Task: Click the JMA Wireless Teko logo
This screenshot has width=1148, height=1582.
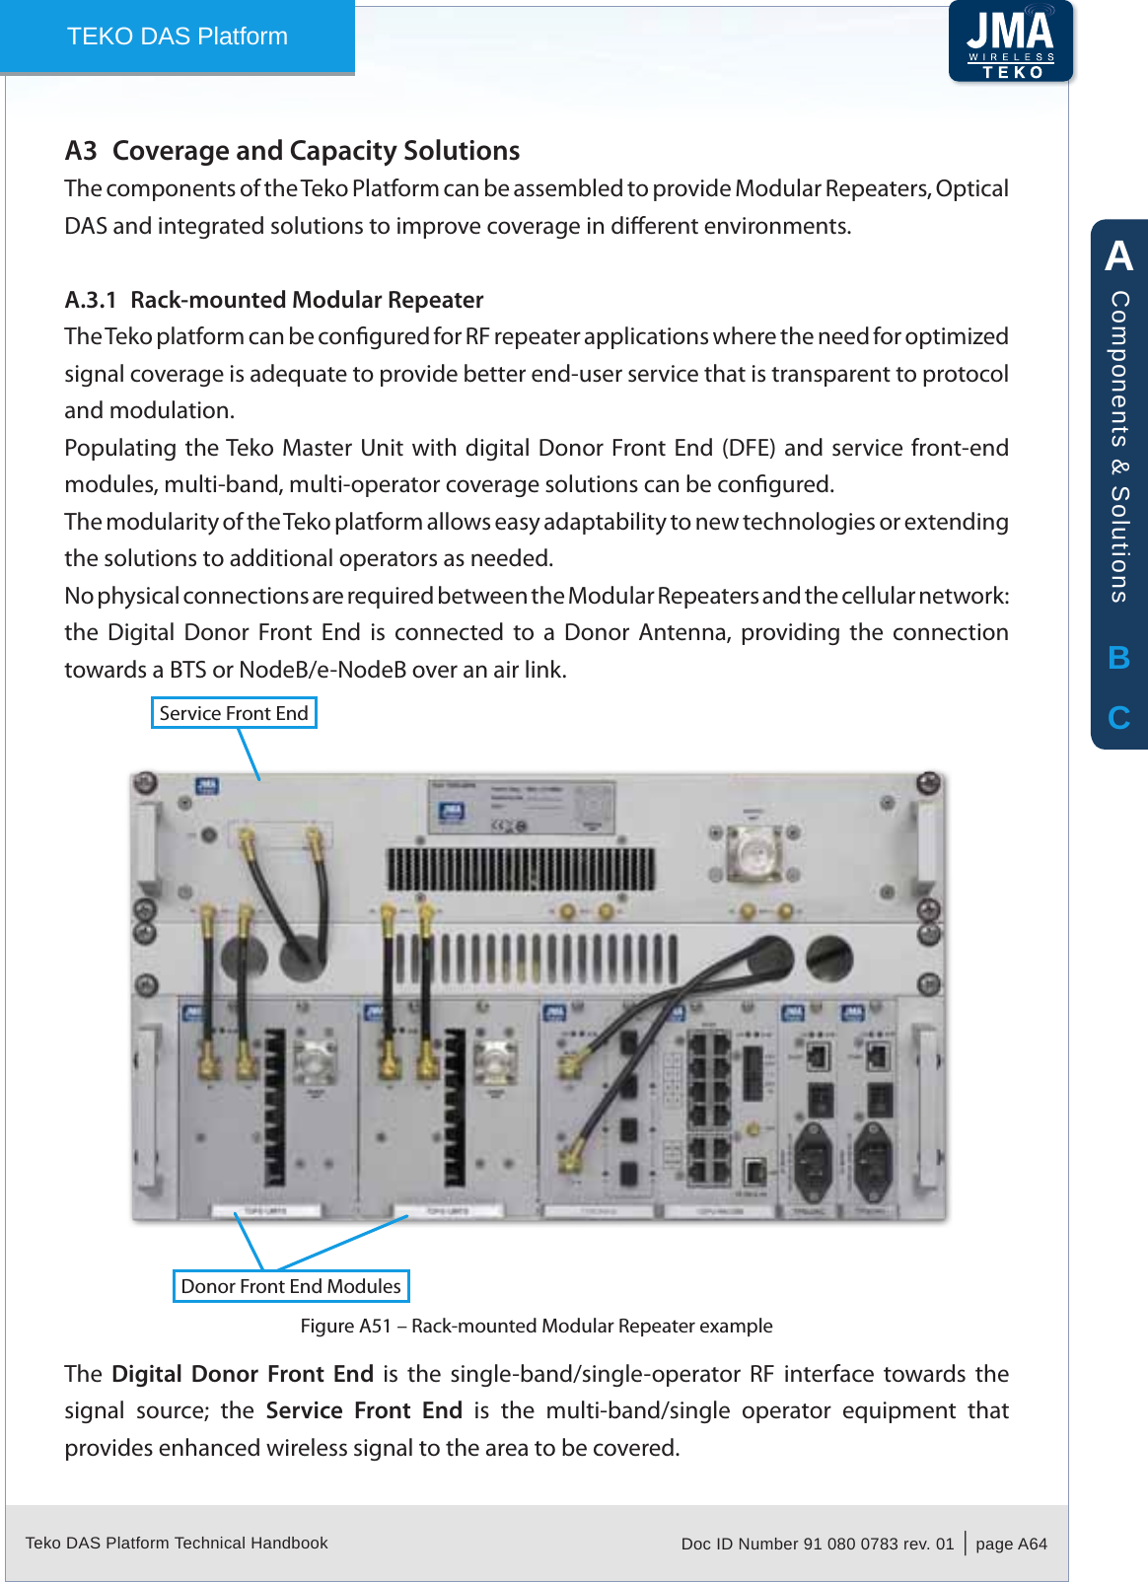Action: [x=1011, y=41]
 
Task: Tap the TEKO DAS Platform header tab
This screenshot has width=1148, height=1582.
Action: [x=178, y=36]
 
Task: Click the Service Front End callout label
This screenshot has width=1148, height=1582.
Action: [x=234, y=713]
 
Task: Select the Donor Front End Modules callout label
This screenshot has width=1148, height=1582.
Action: [x=291, y=1286]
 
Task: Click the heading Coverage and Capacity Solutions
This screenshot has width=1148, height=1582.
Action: [x=316, y=151]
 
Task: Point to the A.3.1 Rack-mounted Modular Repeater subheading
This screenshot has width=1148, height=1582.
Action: [x=274, y=300]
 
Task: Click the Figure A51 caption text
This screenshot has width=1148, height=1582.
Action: [x=537, y=1326]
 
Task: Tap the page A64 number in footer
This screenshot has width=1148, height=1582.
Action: [x=1011, y=1544]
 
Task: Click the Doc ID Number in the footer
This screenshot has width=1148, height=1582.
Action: [x=817, y=1544]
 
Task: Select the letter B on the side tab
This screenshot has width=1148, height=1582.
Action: [x=1118, y=658]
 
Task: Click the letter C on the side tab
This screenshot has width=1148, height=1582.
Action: [x=1118, y=718]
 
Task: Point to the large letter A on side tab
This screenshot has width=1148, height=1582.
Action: [x=1118, y=256]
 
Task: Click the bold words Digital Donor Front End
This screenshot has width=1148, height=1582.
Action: [x=243, y=1374]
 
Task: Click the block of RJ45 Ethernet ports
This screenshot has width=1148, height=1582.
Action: [x=708, y=1105]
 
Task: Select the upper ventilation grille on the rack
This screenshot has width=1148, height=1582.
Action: [x=521, y=869]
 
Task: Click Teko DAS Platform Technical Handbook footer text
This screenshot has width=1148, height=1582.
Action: [x=177, y=1543]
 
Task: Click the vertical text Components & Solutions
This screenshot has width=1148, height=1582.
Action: [x=1118, y=446]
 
